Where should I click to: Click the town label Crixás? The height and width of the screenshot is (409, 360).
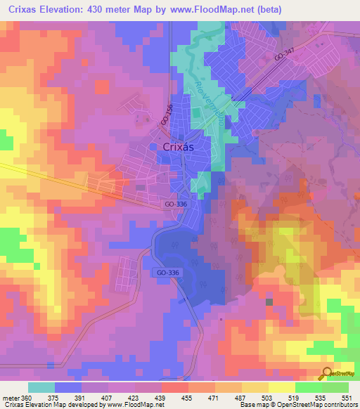click(x=179, y=147)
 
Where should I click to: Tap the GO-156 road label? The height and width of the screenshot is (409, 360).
click(x=166, y=116)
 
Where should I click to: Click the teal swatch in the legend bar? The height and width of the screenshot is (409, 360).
click(x=41, y=387)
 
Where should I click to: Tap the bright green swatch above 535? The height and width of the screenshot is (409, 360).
click(x=308, y=387)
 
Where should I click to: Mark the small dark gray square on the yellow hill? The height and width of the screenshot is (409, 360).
click(x=269, y=301)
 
